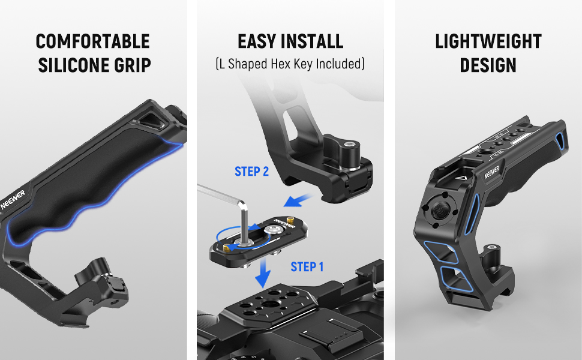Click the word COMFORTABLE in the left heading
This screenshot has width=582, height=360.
coord(93,41)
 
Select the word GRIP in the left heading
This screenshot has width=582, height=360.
coord(133,65)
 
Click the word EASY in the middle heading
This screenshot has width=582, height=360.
coord(256,41)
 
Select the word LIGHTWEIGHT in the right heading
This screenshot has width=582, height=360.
coord(488,41)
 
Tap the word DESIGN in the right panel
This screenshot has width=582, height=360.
coord(488,65)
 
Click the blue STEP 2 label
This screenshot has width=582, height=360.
coord(251,172)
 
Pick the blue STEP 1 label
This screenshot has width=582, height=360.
coord(307,267)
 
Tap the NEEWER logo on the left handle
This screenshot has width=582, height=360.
coord(13,200)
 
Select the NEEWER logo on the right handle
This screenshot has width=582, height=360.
coord(491,172)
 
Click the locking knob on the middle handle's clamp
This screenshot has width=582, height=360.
coord(341,151)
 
